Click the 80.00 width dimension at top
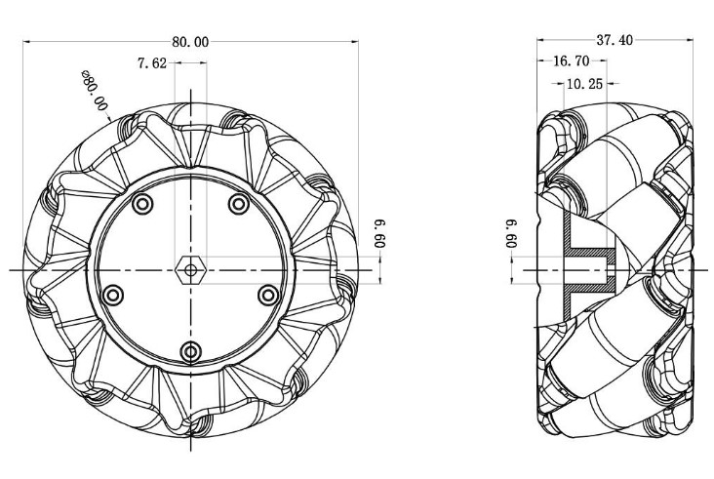click(190, 42)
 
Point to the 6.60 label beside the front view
click(378, 235)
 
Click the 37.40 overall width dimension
click(615, 40)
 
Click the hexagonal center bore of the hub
click(190, 268)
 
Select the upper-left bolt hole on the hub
click(143, 204)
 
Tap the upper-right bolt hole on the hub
click(237, 203)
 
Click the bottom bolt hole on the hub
click(190, 351)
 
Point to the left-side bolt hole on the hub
click(113, 295)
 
